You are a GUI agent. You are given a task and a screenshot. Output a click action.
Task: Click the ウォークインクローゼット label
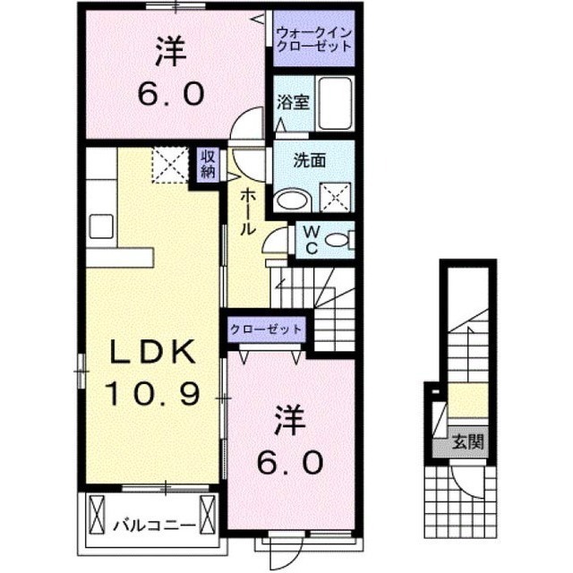pyautogui.click(x=314, y=39)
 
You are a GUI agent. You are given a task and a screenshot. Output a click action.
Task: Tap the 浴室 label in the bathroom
pyautogui.click(x=293, y=102)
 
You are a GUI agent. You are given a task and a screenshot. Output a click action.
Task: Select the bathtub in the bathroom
pyautogui.click(x=336, y=104)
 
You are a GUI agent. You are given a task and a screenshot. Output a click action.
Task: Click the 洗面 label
pyautogui.click(x=310, y=160)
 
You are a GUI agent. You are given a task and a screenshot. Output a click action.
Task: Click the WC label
pyautogui.click(x=312, y=240)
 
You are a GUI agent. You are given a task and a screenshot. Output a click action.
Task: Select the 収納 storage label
pyautogui.click(x=208, y=165)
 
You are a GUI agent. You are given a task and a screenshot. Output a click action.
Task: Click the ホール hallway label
pyautogui.click(x=247, y=212)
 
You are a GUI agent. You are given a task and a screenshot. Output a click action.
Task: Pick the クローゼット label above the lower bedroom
pyautogui.click(x=266, y=329)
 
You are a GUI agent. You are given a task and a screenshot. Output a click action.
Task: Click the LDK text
pyautogui.click(x=153, y=353)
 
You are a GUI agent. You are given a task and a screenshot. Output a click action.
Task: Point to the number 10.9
pyautogui.click(x=153, y=394)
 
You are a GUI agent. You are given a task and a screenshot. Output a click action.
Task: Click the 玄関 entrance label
pyautogui.click(x=467, y=441)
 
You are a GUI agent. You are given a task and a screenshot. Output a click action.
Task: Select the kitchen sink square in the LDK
pyautogui.click(x=101, y=227)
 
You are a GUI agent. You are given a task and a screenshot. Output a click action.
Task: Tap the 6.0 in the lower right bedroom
pyautogui.click(x=290, y=462)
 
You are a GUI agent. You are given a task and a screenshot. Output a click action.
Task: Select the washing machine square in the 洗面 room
pyautogui.click(x=336, y=197)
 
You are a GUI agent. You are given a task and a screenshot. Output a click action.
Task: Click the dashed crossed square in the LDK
pyautogui.click(x=170, y=165)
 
